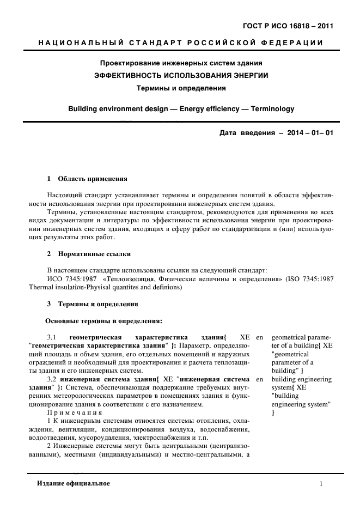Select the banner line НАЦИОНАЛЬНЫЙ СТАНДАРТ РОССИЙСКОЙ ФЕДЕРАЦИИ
[180, 43]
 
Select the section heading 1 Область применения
[87, 178]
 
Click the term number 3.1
[53, 337]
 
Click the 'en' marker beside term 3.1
[259, 337]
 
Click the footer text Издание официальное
[74, 484]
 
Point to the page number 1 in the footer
[321, 484]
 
